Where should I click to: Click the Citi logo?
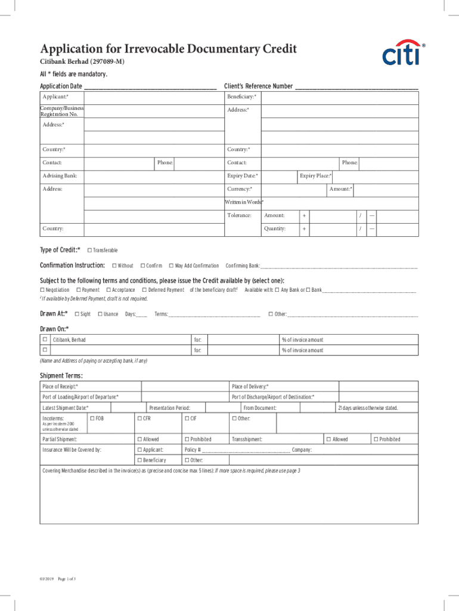pos(402,54)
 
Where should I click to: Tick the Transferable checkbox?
pos(89,250)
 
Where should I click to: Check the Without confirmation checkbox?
pos(114,266)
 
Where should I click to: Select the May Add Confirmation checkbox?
pos(171,266)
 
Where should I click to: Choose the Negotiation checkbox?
pos(42,290)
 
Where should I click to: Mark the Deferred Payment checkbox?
pos(144,290)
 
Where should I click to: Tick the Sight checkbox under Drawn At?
pos(76,314)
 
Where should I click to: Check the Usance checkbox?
pos(100,314)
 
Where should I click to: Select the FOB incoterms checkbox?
pos(91,418)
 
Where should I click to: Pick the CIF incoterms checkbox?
pos(187,418)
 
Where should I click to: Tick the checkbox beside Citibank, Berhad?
pos(44,340)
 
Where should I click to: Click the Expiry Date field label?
pos(243,176)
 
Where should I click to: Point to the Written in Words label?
pos(244,202)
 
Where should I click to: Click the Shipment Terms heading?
pos(61,375)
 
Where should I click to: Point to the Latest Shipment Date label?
pos(65,408)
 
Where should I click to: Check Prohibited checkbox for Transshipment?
pos(375,439)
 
